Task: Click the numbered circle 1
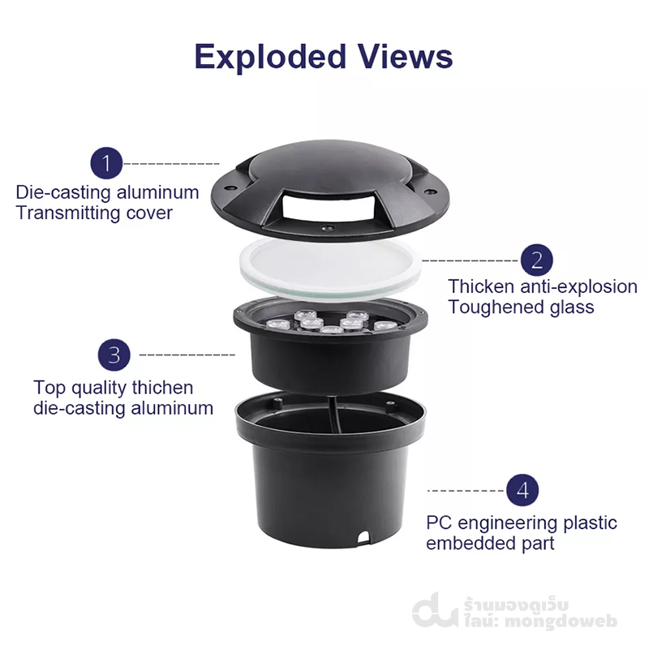(x=105, y=163)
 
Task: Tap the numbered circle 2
(x=536, y=260)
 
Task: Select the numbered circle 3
(x=114, y=355)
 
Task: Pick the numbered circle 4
(x=522, y=490)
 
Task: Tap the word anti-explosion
(x=578, y=286)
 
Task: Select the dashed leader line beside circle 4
(x=465, y=491)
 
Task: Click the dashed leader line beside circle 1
(x=172, y=164)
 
